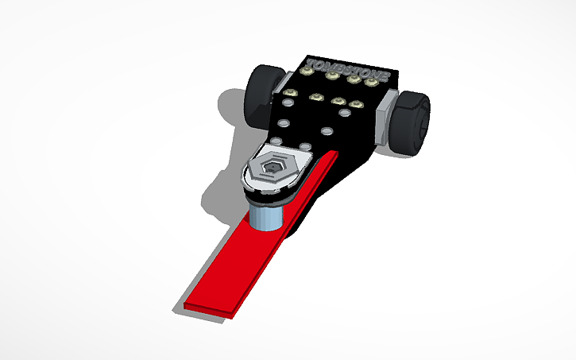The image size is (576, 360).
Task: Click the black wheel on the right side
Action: (411, 122)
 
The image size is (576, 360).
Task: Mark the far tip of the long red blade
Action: (207, 308)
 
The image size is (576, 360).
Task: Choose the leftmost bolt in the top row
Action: (305, 71)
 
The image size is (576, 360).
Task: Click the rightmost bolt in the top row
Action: (370, 82)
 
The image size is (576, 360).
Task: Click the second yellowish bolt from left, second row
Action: (316, 98)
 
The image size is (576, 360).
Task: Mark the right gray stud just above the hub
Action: (303, 145)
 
